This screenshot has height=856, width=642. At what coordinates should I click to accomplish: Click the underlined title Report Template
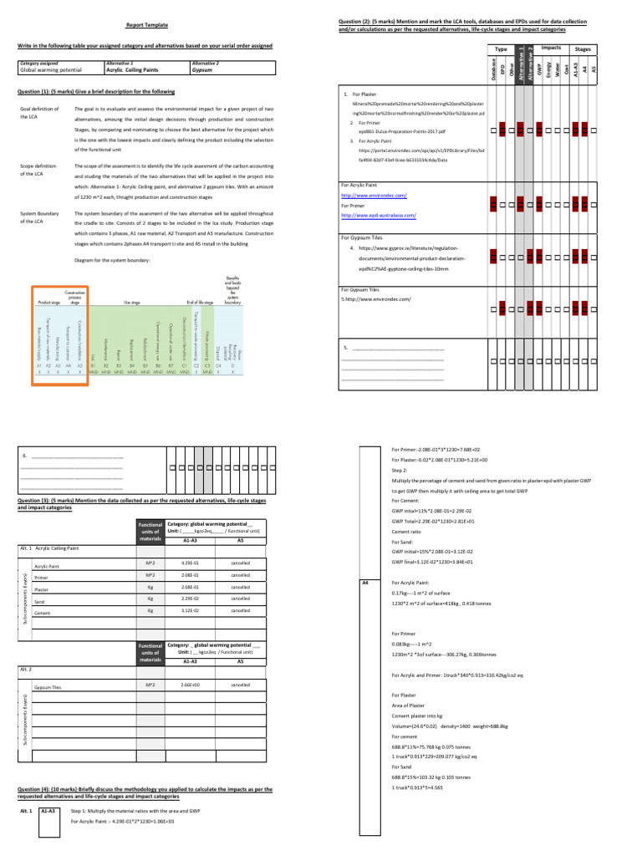point(143,26)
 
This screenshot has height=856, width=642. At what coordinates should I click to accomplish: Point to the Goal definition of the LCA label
point(37,114)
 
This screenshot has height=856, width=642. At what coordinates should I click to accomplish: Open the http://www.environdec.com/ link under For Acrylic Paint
point(374,194)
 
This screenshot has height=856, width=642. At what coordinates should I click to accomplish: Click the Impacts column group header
point(551,48)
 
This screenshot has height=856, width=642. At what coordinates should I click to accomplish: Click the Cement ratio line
point(406,531)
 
